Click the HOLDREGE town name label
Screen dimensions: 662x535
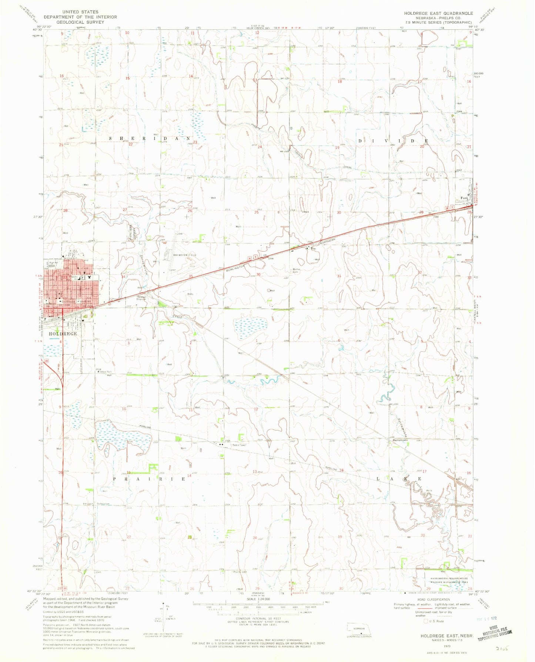point(63,333)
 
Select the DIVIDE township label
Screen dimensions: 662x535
point(393,141)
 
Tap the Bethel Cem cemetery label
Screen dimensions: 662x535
point(296,270)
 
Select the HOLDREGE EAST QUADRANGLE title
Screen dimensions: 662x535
point(438,13)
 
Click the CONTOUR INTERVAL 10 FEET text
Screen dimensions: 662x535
point(258,618)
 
